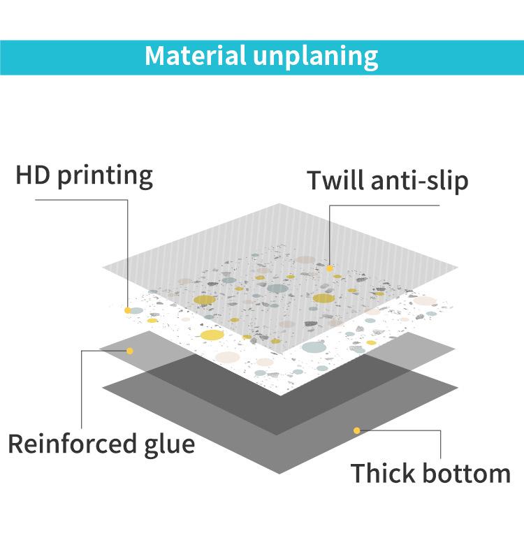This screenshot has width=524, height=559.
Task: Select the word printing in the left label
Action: (105, 176)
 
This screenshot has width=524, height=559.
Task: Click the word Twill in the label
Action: (333, 180)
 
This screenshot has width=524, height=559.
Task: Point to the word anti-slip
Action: (419, 180)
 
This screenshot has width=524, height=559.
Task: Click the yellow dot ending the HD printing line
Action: (128, 310)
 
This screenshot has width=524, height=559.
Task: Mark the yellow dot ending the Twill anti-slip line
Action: (329, 267)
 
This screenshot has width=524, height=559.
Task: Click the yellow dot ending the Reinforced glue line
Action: (130, 350)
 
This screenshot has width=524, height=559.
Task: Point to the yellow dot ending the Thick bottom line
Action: (356, 430)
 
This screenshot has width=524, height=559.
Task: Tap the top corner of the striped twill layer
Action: (280, 203)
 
